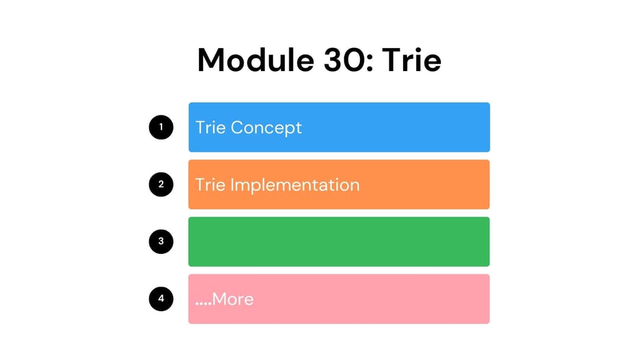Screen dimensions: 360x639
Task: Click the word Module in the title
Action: (251, 59)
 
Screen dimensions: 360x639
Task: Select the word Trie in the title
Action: (411, 59)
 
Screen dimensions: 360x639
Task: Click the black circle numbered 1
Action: (161, 127)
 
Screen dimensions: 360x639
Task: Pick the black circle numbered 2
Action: (161, 184)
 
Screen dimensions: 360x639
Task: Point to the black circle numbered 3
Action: (161, 242)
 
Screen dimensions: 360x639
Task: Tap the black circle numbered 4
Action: (161, 299)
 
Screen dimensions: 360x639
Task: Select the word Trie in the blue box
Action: (211, 127)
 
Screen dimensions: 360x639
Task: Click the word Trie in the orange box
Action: (211, 185)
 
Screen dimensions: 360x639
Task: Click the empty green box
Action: (339, 242)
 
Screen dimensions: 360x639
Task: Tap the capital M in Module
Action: (212, 59)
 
